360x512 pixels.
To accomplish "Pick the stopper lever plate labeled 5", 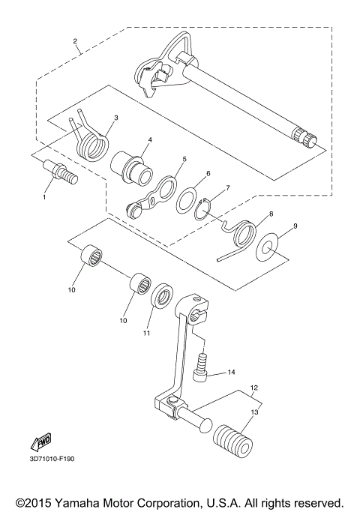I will tap(156, 194).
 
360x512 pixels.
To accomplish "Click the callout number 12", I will tap(254, 388).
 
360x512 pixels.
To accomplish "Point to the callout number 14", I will tap(231, 372).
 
